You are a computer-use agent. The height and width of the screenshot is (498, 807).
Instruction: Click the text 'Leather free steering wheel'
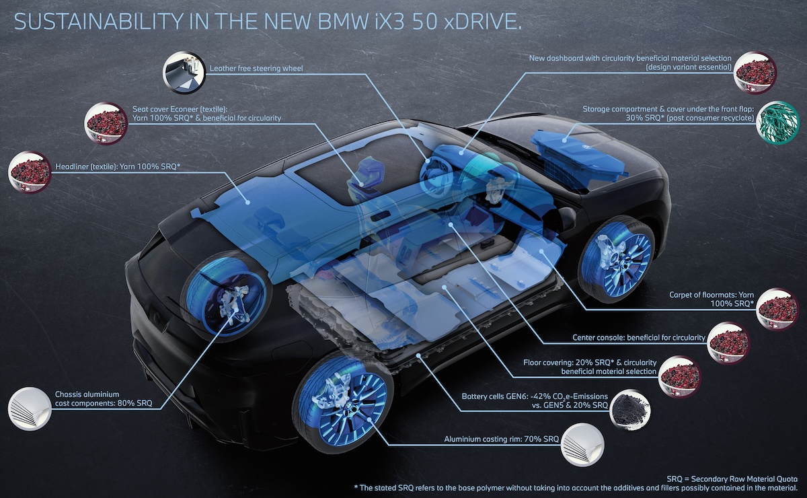256,68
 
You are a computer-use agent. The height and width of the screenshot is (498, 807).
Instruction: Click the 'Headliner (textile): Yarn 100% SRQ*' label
118,167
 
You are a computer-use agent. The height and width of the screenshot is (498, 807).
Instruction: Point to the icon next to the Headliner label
30,172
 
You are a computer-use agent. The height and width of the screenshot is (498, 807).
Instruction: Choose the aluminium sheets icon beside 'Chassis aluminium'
30,408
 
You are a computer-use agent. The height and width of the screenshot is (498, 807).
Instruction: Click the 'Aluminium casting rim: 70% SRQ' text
501,439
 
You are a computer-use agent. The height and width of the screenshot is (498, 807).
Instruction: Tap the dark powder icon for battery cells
630,411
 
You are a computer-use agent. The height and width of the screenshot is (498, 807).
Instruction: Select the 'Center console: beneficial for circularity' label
639,338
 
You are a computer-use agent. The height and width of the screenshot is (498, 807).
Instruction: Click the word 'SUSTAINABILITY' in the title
98,22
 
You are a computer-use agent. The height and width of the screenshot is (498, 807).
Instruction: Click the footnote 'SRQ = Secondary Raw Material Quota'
732,479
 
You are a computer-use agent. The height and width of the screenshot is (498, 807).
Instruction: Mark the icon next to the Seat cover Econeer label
106,124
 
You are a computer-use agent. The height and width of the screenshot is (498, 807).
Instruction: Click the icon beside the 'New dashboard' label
755,73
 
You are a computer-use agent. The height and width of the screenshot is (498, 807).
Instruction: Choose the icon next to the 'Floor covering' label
680,377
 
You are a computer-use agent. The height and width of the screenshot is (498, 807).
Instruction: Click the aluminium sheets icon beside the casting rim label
582,445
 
